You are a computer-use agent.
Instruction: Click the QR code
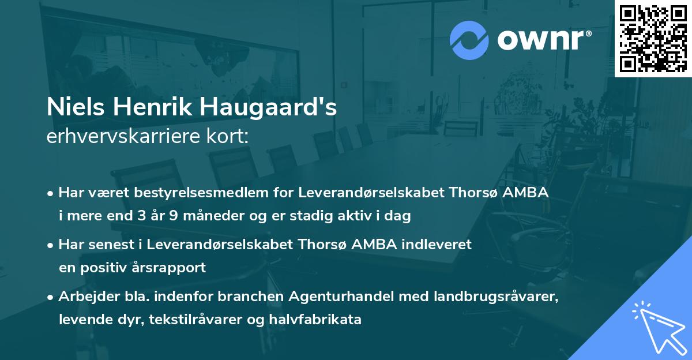[x=653, y=39]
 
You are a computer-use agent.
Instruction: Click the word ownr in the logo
[x=542, y=40]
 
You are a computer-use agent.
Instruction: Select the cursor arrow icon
[x=659, y=326]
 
